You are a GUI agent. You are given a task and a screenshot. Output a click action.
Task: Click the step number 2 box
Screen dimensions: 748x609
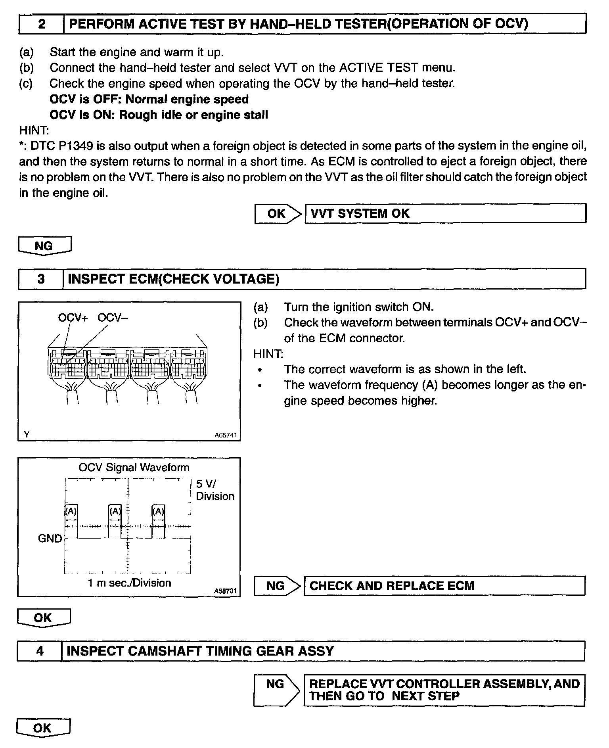coord(41,24)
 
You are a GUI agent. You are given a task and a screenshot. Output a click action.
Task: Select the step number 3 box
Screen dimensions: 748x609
coord(41,279)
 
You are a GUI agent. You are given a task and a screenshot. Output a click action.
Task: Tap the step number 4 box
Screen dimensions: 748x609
coord(40,651)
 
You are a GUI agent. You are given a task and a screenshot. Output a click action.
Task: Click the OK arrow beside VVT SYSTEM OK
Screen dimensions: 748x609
coord(278,214)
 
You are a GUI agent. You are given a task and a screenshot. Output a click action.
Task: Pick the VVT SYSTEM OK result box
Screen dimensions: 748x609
coord(445,214)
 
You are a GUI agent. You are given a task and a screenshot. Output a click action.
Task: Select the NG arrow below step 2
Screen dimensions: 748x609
coord(44,246)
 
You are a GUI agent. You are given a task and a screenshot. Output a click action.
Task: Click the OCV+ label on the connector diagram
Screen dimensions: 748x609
coord(73,318)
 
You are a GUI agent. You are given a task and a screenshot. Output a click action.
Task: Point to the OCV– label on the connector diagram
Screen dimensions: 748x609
coord(113,318)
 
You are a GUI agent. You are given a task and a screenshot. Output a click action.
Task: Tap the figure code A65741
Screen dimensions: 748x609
coord(225,435)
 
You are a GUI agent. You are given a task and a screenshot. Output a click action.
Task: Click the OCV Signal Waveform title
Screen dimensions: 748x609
coord(134,468)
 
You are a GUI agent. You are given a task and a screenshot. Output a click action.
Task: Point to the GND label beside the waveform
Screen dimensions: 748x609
coord(50,539)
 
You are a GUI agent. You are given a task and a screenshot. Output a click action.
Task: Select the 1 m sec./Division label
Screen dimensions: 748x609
coord(130,583)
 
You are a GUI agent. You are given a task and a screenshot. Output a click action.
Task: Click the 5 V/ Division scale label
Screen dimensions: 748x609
coord(214,490)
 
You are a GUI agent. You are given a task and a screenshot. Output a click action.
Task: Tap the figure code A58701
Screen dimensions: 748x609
coord(225,591)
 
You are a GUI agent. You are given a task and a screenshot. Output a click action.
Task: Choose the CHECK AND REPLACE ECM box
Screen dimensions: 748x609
coord(444,586)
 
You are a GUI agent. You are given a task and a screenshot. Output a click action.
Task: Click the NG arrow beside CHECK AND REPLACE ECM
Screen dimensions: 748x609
coord(277,586)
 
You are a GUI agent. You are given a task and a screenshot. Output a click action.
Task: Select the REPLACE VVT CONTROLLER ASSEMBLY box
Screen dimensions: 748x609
coord(444,690)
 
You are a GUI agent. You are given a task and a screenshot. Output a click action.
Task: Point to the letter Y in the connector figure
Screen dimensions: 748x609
coord(27,435)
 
